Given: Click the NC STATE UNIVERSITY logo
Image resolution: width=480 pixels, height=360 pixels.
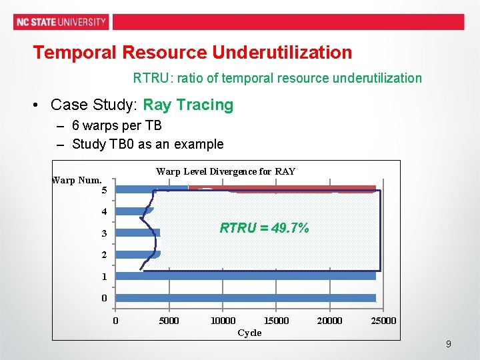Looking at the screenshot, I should click(61, 21).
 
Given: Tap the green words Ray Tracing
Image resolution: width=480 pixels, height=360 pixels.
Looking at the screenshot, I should click(188, 105).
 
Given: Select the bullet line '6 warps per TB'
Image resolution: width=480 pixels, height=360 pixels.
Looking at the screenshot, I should click(117, 125).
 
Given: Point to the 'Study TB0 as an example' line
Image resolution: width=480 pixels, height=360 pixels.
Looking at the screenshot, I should click(147, 144).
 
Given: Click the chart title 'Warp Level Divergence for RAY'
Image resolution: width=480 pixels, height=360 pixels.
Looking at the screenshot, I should click(225, 171).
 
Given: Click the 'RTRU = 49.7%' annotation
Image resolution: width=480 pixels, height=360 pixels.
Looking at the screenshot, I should click(264, 228).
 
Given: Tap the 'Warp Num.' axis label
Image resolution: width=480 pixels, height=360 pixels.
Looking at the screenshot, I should click(77, 179).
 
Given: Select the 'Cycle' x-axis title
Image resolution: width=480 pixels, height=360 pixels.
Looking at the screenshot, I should click(249, 333).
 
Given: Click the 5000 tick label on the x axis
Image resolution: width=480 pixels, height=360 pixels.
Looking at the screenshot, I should click(169, 321).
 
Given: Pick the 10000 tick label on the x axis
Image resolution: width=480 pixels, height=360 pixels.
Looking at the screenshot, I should click(223, 321).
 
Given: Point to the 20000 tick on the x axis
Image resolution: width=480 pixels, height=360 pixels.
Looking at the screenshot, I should click(329, 321).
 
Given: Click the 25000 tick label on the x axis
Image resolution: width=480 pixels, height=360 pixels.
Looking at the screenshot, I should click(383, 321).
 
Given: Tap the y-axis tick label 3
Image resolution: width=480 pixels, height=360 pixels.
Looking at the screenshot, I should click(104, 234).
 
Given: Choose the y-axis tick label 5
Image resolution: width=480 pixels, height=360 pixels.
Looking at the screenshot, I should click(104, 191).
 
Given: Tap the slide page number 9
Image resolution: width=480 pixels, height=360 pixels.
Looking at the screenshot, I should click(448, 344).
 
